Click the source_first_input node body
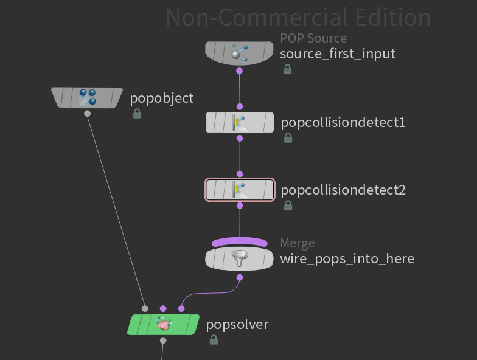click(239, 54)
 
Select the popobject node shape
click(88, 97)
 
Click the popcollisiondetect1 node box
click(240, 122)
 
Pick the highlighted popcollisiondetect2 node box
click(240, 190)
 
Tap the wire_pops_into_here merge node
click(240, 258)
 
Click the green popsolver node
click(163, 324)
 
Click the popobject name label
click(162, 98)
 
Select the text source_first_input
click(338, 54)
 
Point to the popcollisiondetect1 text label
click(343, 123)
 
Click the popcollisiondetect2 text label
click(343, 190)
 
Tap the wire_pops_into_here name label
click(347, 258)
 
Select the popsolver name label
click(237, 324)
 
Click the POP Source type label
click(313, 38)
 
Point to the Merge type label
click(298, 243)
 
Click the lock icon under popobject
click(137, 114)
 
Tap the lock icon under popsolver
click(214, 341)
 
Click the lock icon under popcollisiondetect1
click(288, 138)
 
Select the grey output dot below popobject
click(88, 113)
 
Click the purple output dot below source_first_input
click(240, 71)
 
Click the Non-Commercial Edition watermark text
click(298, 17)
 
